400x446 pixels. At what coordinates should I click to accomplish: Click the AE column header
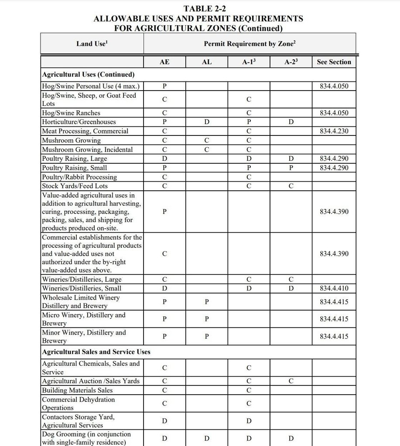click(164, 62)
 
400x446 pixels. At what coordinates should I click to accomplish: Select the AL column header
click(207, 62)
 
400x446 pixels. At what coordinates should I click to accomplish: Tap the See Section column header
click(334, 62)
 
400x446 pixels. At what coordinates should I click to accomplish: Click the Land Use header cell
click(92, 44)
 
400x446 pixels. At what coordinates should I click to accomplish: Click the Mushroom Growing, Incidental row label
click(87, 150)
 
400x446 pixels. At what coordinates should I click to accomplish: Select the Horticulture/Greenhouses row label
click(79, 122)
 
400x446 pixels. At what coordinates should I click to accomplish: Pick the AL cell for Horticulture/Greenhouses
click(207, 122)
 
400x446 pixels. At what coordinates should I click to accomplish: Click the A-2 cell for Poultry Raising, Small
click(291, 168)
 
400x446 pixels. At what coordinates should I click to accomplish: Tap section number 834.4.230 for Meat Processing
click(334, 131)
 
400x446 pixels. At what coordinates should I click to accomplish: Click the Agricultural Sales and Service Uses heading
click(96, 352)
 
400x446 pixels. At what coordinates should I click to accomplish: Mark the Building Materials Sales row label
click(77, 390)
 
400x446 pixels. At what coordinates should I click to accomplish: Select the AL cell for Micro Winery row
click(207, 319)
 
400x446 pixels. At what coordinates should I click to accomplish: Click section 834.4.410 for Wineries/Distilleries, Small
click(334, 288)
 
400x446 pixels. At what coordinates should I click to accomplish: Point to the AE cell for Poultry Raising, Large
click(164, 159)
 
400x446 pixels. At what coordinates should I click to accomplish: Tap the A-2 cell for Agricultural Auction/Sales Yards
click(291, 381)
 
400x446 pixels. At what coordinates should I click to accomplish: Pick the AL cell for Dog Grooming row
click(207, 438)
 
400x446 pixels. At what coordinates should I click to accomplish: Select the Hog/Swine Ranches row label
click(71, 113)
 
